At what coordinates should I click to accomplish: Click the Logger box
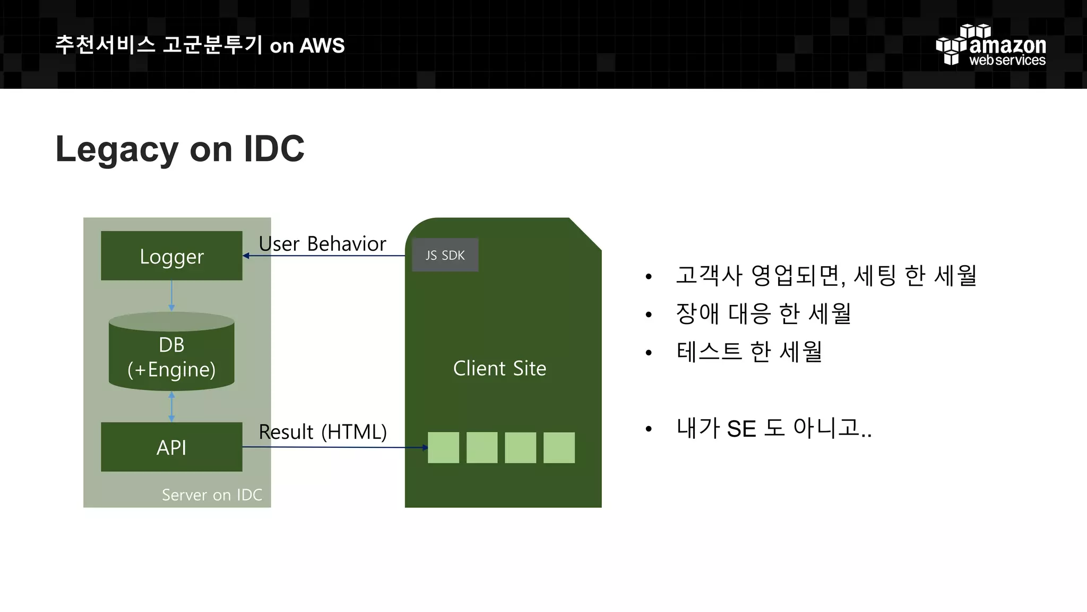(171, 256)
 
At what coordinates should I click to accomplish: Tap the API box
(171, 447)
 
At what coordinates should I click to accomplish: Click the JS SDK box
(445, 256)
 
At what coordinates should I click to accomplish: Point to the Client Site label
(499, 368)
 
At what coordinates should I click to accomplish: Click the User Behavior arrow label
(322, 244)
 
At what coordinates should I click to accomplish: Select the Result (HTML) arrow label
(323, 432)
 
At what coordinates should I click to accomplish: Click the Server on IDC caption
(212, 495)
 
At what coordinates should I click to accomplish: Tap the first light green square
(443, 447)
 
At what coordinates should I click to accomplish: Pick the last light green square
(559, 447)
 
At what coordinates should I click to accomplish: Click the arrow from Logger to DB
(171, 295)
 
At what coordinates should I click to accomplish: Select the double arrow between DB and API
(171, 406)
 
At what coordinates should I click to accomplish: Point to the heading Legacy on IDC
(180, 149)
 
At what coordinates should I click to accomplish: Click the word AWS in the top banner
(322, 46)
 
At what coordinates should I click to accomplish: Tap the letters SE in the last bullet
(741, 429)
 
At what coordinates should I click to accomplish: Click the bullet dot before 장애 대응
(648, 314)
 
